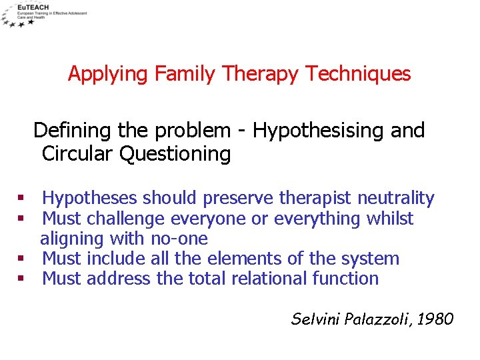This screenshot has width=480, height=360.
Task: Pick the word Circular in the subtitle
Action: pyautogui.click(x=77, y=154)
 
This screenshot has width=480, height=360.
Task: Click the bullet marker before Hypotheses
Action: pyautogui.click(x=21, y=199)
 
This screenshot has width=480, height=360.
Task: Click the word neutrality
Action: pyautogui.click(x=395, y=199)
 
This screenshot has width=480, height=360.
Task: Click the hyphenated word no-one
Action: pyautogui.click(x=180, y=239)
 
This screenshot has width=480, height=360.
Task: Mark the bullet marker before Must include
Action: pyautogui.click(x=21, y=259)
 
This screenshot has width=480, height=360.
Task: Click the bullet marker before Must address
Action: pyautogui.click(x=21, y=279)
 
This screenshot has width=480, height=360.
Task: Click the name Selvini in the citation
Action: pyautogui.click(x=316, y=319)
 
